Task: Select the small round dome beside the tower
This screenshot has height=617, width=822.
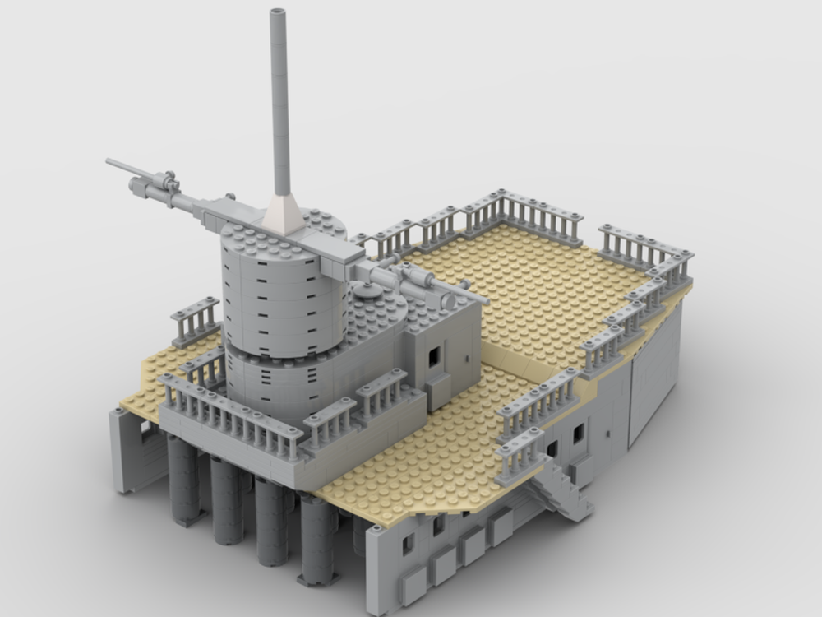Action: tap(368, 290)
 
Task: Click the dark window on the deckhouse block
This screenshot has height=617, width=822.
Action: tap(434, 355)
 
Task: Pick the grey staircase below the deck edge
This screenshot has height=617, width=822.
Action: tap(561, 492)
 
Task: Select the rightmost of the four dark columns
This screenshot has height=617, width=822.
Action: tap(316, 539)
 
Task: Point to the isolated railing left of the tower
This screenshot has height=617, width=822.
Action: tap(196, 319)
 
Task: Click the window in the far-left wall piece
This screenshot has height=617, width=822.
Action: tap(145, 429)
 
